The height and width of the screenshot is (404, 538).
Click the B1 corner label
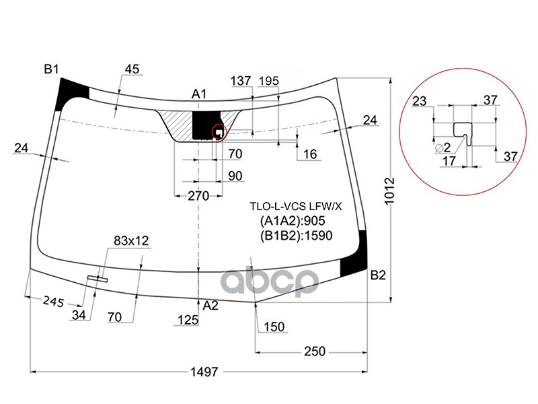[52, 69]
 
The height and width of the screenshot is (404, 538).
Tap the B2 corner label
[378, 275]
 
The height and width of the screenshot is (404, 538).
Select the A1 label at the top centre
[199, 94]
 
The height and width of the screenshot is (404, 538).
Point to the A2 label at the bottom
[210, 306]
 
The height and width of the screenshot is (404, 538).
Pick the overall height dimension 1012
[397, 192]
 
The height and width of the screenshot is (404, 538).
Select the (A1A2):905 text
[294, 221]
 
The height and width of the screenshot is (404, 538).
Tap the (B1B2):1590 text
[297, 235]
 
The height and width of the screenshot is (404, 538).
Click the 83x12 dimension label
[130, 240]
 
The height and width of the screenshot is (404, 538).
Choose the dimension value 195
[268, 81]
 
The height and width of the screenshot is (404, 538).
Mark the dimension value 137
[241, 81]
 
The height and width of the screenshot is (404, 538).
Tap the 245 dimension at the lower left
[51, 302]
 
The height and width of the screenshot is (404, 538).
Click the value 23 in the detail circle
[419, 101]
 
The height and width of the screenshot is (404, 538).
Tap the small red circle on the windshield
[219, 132]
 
